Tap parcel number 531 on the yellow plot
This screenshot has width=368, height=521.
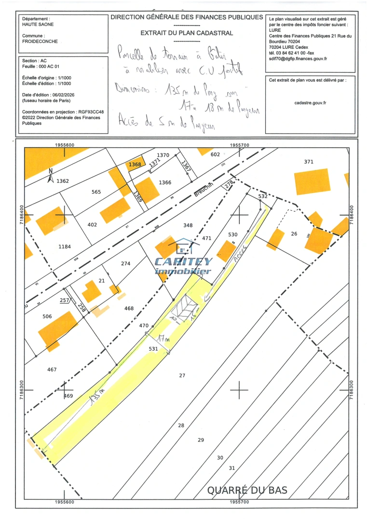coord(153,348)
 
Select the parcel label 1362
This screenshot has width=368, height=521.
coord(63,181)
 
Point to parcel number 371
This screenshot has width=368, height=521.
coord(309,161)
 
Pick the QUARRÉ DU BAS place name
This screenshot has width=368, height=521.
coord(247,490)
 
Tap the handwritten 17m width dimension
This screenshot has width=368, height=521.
coord(164,341)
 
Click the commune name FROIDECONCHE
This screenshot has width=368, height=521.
coord(40,41)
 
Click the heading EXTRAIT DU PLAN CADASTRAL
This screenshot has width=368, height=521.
coord(187,33)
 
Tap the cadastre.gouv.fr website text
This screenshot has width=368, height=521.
coord(310,103)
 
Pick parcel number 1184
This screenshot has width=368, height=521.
coord(65,247)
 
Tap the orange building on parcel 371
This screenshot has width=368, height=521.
coord(312,181)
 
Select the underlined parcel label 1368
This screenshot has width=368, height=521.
coord(135,165)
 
